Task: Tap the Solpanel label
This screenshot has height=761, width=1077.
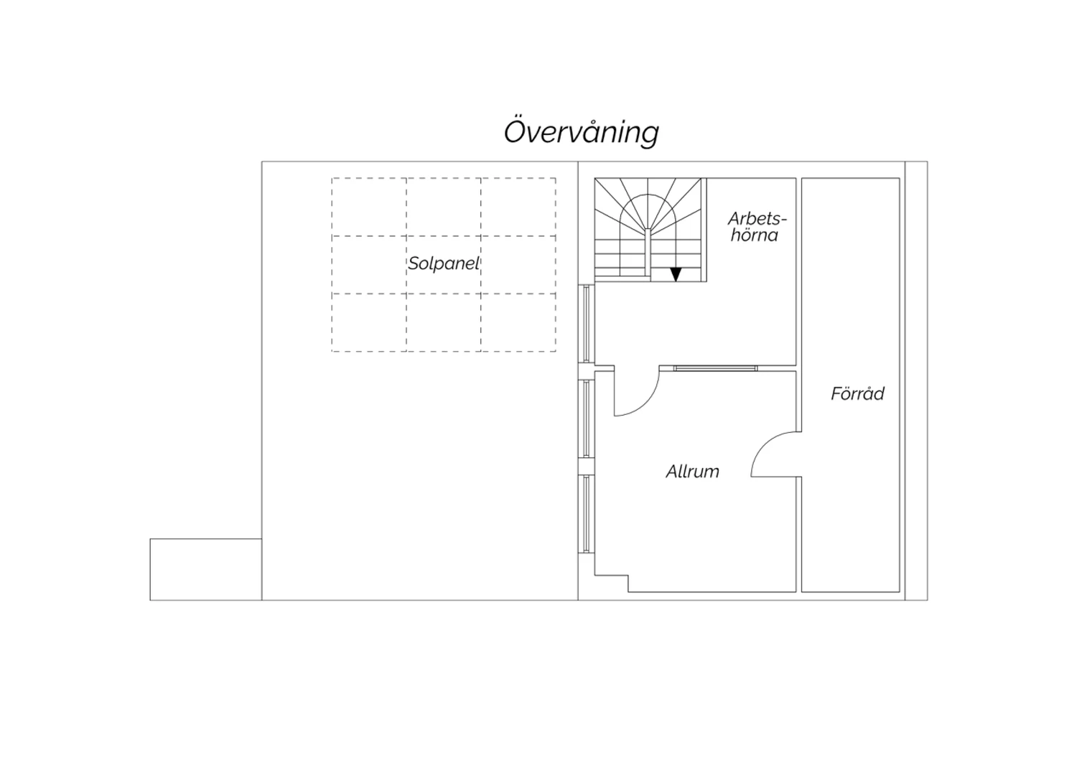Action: pyautogui.click(x=444, y=263)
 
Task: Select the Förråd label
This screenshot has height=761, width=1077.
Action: pyautogui.click(x=857, y=393)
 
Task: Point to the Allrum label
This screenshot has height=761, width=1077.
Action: pyautogui.click(x=692, y=471)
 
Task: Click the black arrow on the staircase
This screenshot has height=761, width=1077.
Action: pyautogui.click(x=676, y=274)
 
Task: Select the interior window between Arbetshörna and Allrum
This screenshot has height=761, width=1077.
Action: pyautogui.click(x=715, y=368)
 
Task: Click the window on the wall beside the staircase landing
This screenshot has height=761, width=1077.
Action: pyautogui.click(x=586, y=324)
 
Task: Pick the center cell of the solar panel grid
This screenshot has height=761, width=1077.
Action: pyautogui.click(x=443, y=264)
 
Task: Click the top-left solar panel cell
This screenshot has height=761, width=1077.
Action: pyautogui.click(x=369, y=207)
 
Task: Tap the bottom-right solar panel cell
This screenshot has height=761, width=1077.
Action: pyautogui.click(x=518, y=322)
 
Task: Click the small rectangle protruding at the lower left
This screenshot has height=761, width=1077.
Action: pyautogui.click(x=206, y=569)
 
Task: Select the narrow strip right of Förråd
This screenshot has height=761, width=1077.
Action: pyautogui.click(x=916, y=380)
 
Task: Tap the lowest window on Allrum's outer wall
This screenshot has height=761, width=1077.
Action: pyautogui.click(x=586, y=514)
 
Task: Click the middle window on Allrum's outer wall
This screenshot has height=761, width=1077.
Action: pyautogui.click(x=586, y=419)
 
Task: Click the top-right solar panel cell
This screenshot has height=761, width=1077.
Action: pyautogui.click(x=518, y=207)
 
